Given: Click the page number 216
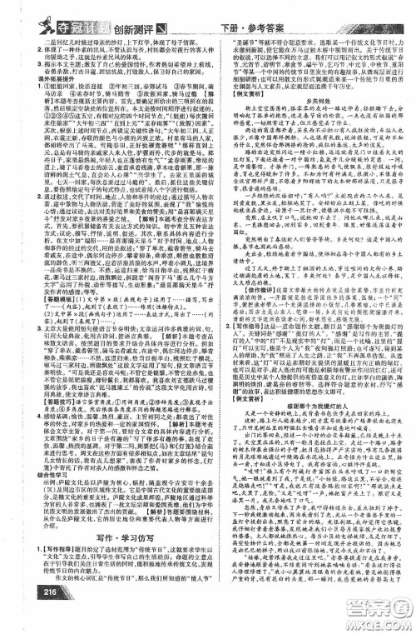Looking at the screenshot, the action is click(x=22, y=615).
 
